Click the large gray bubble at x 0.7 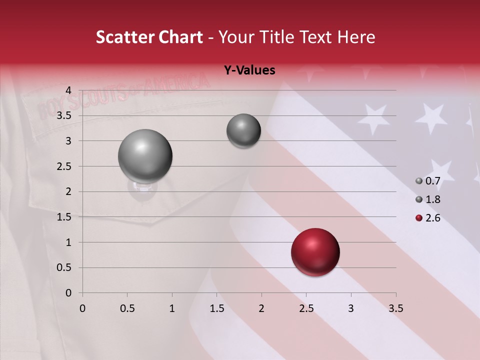click(145, 156)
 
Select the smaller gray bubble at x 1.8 click(243, 131)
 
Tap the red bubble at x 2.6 click(315, 252)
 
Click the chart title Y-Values click(249, 70)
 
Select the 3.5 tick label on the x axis click(395, 308)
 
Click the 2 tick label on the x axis click(261, 308)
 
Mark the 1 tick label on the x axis click(172, 308)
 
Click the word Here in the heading click(356, 37)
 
